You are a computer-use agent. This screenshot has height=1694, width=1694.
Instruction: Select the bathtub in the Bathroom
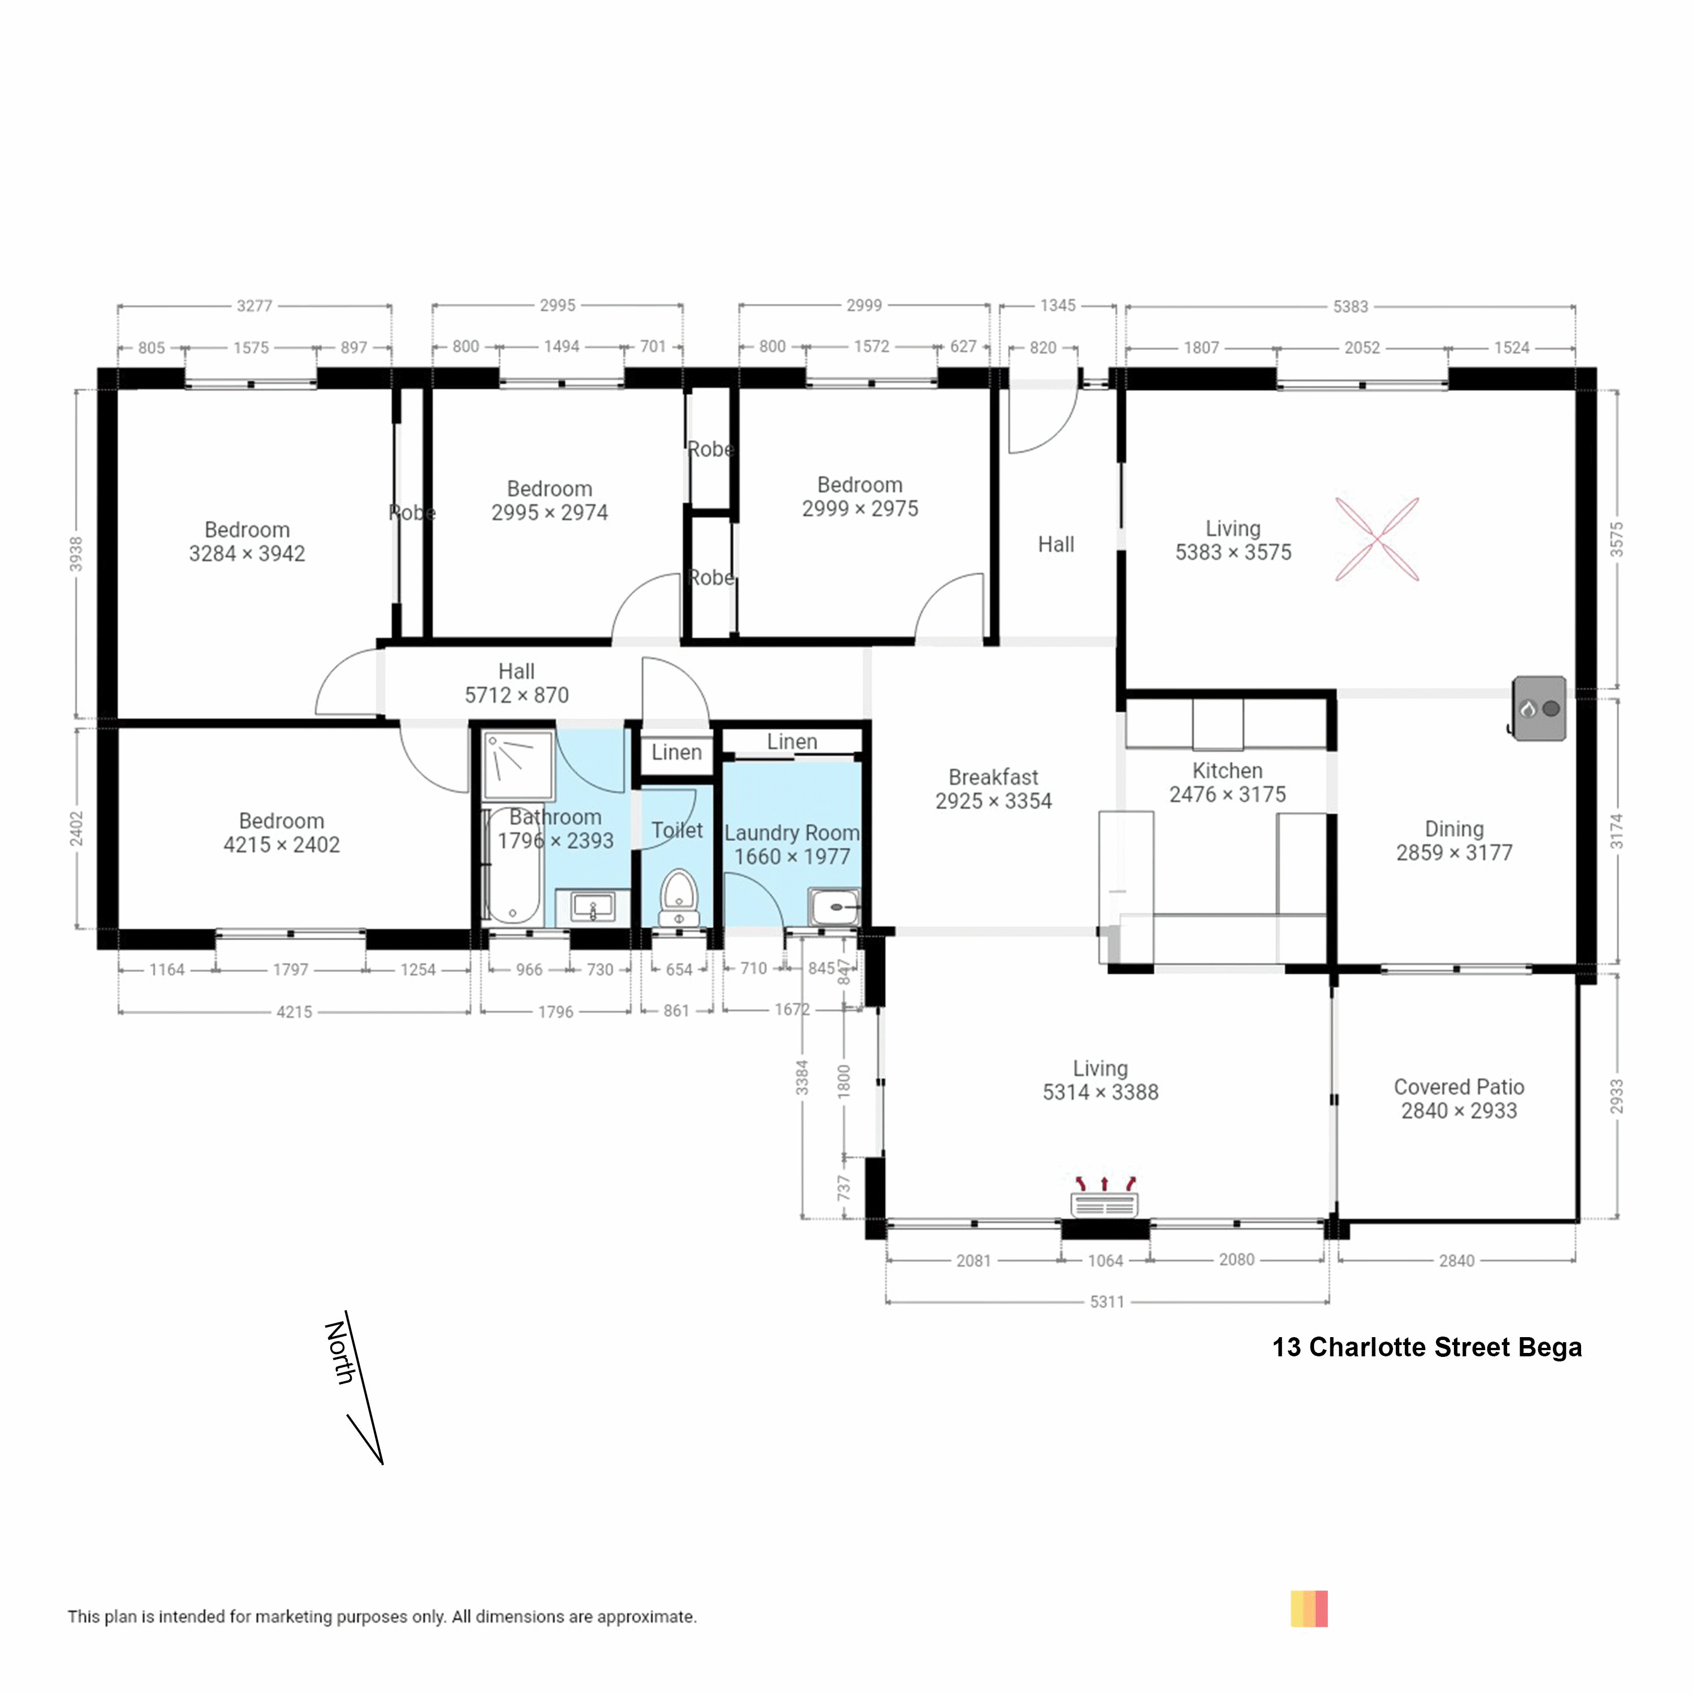point(513,866)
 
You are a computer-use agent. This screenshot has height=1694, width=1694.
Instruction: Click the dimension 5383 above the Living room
point(1350,307)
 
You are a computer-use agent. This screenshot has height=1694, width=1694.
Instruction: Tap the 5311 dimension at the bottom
point(1107,1302)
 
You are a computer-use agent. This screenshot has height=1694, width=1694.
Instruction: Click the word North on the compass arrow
point(340,1353)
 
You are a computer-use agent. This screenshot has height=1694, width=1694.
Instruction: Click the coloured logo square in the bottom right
point(1309,1609)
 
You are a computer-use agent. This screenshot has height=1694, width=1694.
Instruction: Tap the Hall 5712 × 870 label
point(517,683)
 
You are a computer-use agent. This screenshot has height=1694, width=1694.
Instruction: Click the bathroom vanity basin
point(593,907)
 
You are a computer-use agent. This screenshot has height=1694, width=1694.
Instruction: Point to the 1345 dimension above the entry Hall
point(1058,305)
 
